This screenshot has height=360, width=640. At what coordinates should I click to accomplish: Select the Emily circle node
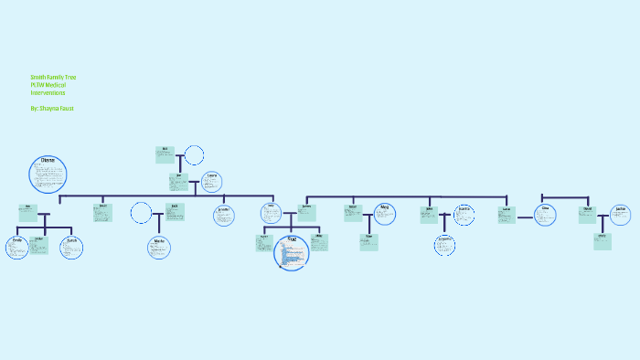[17, 247]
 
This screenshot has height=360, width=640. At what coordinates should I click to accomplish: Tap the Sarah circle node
[71, 247]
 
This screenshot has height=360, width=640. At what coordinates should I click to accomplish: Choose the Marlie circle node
[159, 247]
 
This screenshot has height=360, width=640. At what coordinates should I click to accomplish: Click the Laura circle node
[211, 182]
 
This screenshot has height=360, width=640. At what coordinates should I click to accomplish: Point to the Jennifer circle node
[223, 215]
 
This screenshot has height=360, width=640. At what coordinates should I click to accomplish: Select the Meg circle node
[385, 214]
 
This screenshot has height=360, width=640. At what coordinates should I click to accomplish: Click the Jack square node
[174, 212]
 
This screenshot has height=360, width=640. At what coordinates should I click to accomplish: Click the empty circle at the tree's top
[194, 154]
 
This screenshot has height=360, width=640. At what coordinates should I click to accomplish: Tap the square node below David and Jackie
[602, 241]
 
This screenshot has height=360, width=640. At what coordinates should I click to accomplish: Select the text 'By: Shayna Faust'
[51, 108]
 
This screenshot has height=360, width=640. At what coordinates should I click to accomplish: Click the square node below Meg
[368, 242]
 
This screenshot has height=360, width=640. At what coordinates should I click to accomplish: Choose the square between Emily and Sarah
[38, 244]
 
